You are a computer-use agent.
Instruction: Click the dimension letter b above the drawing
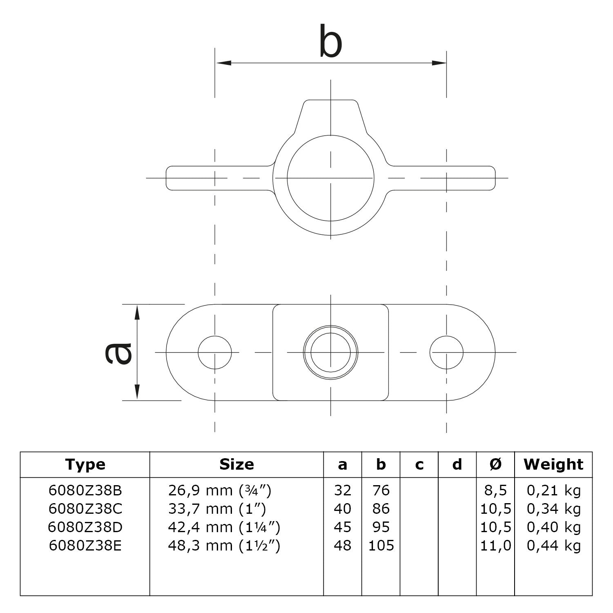pyautogui.click(x=330, y=42)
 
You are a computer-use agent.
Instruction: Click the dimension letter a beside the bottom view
pyautogui.click(x=118, y=352)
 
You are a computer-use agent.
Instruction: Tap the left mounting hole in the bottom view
pyautogui.click(x=215, y=352)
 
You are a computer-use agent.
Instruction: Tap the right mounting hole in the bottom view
pyautogui.click(x=446, y=352)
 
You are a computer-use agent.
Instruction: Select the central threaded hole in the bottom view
pyautogui.click(x=330, y=352)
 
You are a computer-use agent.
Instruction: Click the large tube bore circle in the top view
pyautogui.click(x=330, y=178)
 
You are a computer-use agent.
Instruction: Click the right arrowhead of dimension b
pyautogui.click(x=439, y=63)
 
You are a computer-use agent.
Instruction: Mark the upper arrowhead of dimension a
pyautogui.click(x=137, y=312)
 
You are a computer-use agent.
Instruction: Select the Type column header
pyautogui.click(x=85, y=464)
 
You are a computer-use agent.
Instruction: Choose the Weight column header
pyautogui.click(x=553, y=464)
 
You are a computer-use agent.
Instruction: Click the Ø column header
pyautogui.click(x=495, y=464)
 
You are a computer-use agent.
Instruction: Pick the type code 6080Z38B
pyautogui.click(x=85, y=490)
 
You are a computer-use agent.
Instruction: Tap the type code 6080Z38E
pyautogui.click(x=85, y=546)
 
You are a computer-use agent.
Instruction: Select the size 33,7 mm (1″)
pyautogui.click(x=217, y=509)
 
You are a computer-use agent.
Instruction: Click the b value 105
pyautogui.click(x=381, y=546)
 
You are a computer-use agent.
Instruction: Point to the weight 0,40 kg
pyautogui.click(x=553, y=527)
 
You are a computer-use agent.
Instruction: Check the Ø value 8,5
pyautogui.click(x=495, y=490)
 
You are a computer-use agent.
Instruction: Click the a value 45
pyautogui.click(x=342, y=527)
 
